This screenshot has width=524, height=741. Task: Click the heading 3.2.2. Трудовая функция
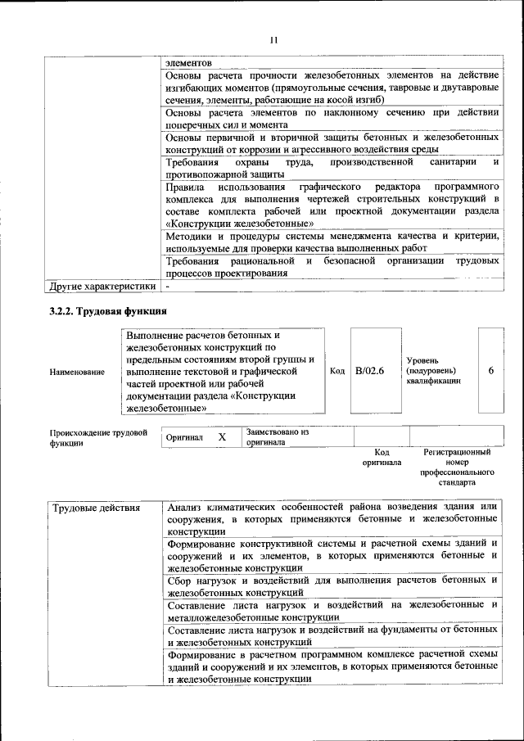(108, 312)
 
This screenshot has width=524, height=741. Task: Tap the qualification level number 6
(490, 371)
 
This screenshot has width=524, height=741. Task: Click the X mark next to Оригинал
(222, 437)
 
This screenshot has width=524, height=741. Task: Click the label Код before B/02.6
(337, 371)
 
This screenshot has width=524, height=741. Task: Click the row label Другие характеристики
(102, 287)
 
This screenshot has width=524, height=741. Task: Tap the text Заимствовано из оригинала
(277, 436)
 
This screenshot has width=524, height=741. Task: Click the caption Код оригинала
(382, 457)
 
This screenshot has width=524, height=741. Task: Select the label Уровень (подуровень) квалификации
(432, 371)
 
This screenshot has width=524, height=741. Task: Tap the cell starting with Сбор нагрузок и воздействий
(332, 585)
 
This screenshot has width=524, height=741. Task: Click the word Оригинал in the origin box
(184, 438)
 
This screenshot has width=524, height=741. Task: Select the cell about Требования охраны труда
(332, 168)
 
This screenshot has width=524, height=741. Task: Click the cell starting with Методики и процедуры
(332, 241)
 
